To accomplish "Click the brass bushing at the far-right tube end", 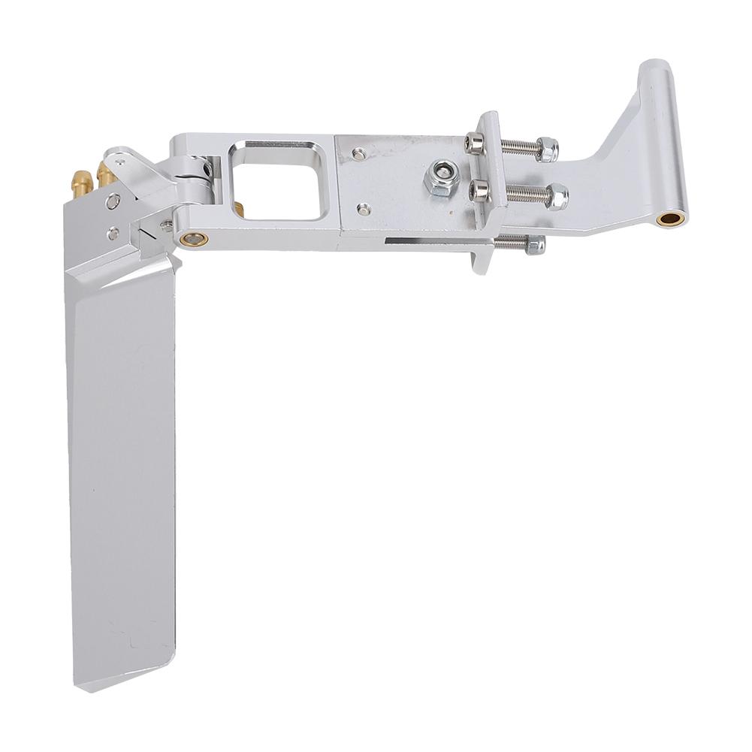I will click(x=669, y=219).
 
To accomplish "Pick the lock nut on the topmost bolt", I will click(x=550, y=149).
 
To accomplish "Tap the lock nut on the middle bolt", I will click(x=558, y=197).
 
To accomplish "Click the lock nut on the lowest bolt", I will click(x=535, y=245).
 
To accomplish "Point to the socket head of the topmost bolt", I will click(x=474, y=142).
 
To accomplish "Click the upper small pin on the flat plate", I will click(x=362, y=153).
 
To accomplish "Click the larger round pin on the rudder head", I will click(x=113, y=201).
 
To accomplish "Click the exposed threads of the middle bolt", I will click(x=518, y=194).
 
